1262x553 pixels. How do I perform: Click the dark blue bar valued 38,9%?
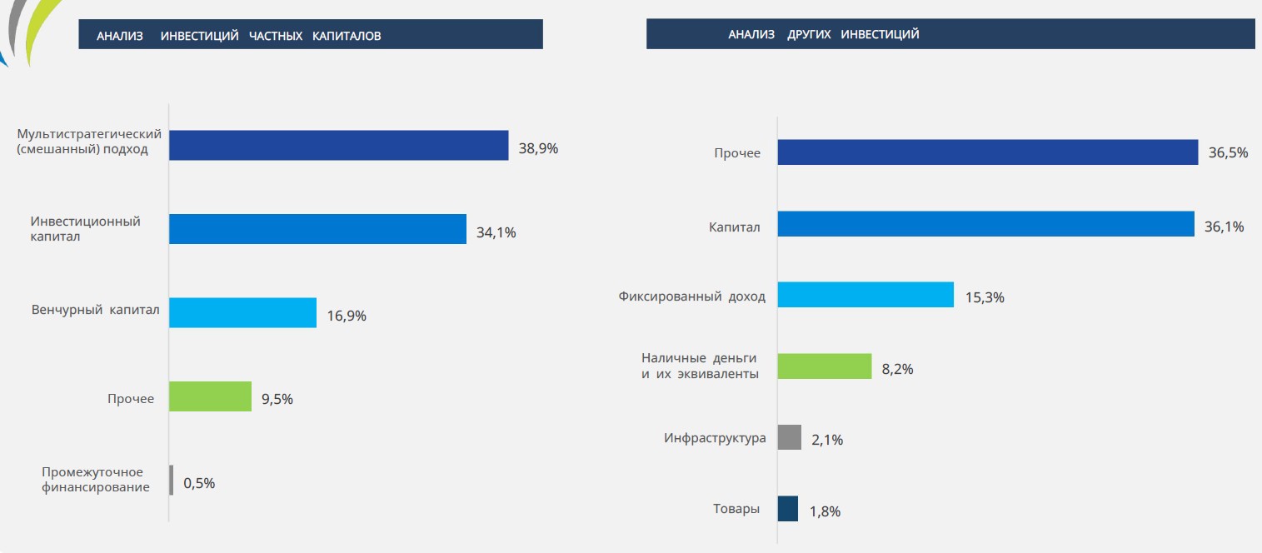pyautogui.click(x=338, y=145)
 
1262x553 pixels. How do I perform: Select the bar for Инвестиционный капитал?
pyautogui.click(x=317, y=229)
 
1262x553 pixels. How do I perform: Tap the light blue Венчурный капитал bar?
pyautogui.click(x=242, y=312)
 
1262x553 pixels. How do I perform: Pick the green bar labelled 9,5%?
pyautogui.click(x=210, y=396)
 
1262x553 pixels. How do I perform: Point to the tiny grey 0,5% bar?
pyautogui.click(x=172, y=480)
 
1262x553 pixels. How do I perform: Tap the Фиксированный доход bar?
pyautogui.click(x=865, y=295)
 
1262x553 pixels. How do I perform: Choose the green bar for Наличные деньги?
pyautogui.click(x=824, y=366)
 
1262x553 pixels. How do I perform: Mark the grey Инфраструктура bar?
pyautogui.click(x=789, y=437)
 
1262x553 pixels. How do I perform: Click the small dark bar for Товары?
pyautogui.click(x=787, y=509)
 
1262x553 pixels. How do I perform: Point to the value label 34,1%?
pyautogui.click(x=496, y=232)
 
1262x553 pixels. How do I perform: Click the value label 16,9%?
pyautogui.click(x=347, y=316)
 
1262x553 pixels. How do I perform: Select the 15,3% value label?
pyautogui.click(x=985, y=297)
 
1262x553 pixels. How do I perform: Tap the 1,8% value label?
pyautogui.click(x=825, y=511)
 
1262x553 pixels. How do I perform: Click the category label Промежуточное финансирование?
pyautogui.click(x=96, y=480)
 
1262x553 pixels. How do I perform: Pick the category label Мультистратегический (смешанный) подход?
pyautogui.click(x=88, y=142)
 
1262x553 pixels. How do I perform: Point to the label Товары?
pyautogui.click(x=736, y=509)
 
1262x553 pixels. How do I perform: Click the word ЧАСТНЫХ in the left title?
pyautogui.click(x=276, y=36)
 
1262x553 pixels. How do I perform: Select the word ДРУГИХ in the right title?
pyautogui.click(x=811, y=34)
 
